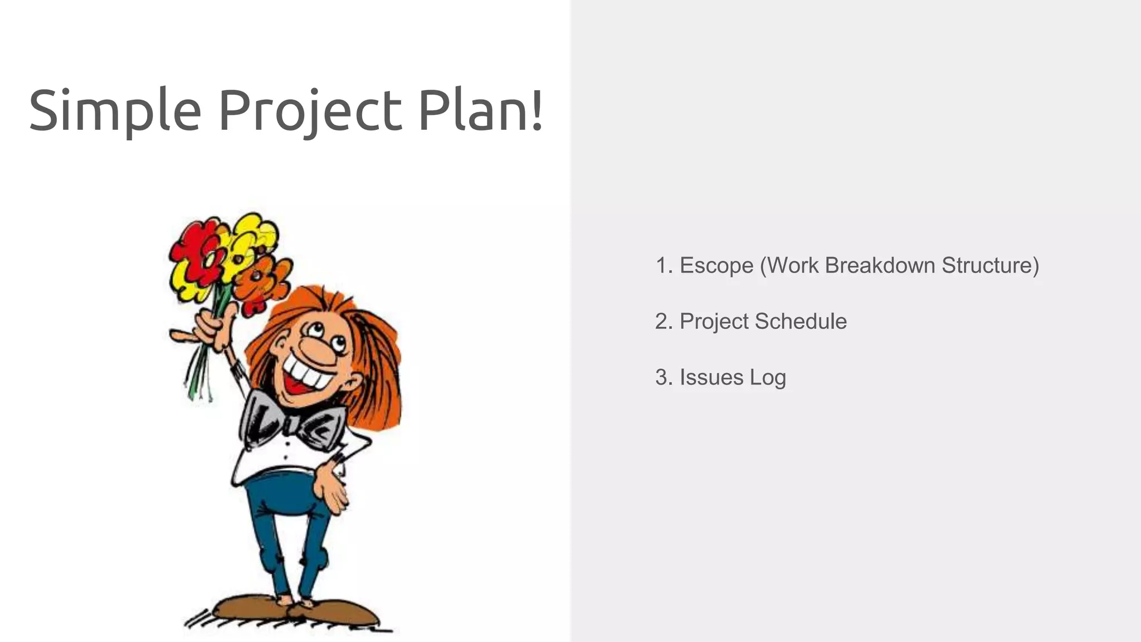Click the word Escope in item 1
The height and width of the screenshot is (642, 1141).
coord(716,266)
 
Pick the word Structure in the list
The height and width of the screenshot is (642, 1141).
coord(991,265)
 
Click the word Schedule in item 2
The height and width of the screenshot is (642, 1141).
coord(801,322)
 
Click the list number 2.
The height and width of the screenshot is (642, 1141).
coord(662,322)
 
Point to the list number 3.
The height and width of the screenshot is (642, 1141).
coord(662,377)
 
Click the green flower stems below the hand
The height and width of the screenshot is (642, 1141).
coord(198,373)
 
